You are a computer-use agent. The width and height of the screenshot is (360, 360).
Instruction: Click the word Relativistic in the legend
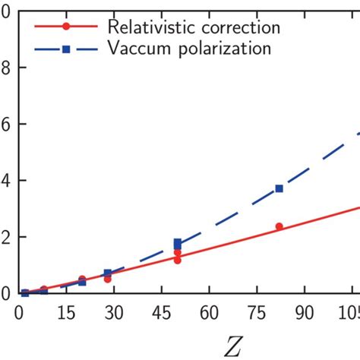point(144,27)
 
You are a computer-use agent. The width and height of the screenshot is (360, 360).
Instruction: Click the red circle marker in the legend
point(66,27)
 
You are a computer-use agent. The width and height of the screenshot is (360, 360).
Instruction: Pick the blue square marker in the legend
point(66,50)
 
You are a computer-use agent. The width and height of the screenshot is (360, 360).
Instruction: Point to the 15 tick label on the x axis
point(66,312)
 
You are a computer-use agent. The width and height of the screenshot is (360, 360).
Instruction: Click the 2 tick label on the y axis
point(5,237)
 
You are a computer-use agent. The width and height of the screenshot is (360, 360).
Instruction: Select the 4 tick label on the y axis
point(5,181)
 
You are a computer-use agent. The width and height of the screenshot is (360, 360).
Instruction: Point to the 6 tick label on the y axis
point(5,125)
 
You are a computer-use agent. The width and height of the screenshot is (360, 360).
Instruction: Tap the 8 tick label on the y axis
point(5,68)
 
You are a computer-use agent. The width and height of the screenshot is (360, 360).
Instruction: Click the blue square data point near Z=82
point(279,188)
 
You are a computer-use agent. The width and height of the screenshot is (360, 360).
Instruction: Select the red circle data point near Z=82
point(279,226)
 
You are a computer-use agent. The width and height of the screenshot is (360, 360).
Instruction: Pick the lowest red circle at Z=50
point(177,260)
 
